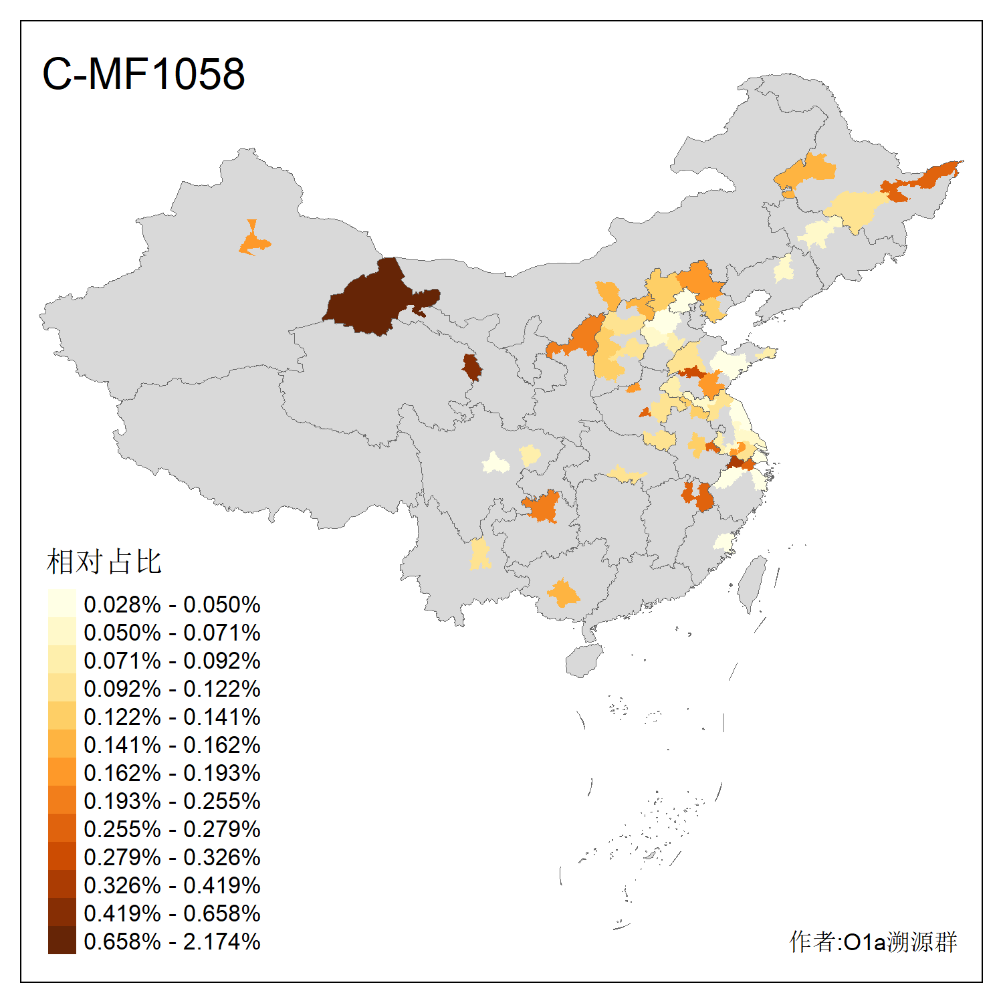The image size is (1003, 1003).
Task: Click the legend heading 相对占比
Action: click(x=104, y=562)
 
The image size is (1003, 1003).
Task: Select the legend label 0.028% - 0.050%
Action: click(x=172, y=604)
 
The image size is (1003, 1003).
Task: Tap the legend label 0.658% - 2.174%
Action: click(x=172, y=941)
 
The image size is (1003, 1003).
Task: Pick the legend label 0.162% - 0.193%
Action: click(x=172, y=773)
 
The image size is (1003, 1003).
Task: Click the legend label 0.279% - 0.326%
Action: click(x=172, y=857)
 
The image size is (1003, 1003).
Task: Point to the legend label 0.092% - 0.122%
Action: click(x=172, y=689)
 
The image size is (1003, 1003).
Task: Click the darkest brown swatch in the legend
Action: click(x=62, y=940)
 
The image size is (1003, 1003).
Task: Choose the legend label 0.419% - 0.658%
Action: click(x=172, y=913)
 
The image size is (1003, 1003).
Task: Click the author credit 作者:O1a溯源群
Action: click(x=873, y=941)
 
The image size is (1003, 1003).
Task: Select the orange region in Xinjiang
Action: click(x=253, y=241)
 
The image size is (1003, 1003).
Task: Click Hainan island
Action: click(x=584, y=660)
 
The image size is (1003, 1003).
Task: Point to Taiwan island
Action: click(x=754, y=582)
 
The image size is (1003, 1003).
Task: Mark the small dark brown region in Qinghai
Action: click(x=472, y=367)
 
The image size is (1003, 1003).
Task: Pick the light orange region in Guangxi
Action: click(x=564, y=592)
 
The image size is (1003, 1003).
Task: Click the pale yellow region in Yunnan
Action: click(x=479, y=554)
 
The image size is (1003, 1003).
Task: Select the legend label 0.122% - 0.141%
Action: click(x=172, y=717)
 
